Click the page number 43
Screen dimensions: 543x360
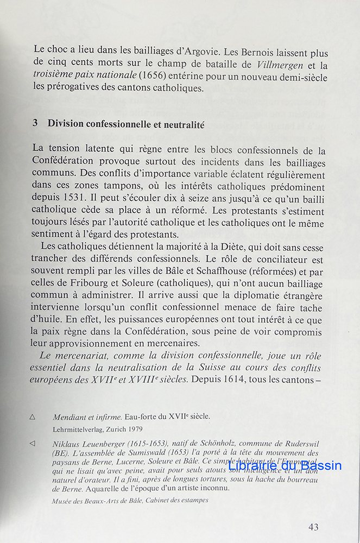313,527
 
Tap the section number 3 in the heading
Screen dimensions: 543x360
35,123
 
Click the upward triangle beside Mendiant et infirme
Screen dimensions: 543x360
32,416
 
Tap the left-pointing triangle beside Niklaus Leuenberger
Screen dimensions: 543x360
32,444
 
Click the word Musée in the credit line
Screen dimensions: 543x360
64,500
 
